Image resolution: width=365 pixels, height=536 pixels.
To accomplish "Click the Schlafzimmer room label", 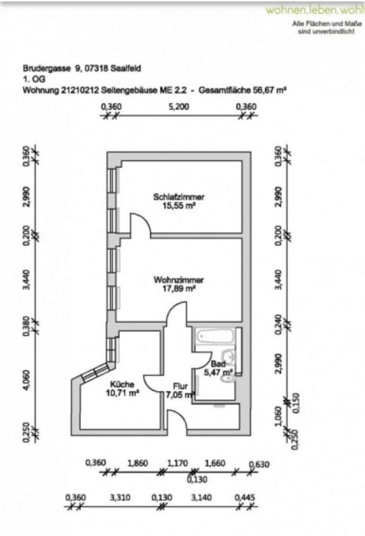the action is (x=179, y=197).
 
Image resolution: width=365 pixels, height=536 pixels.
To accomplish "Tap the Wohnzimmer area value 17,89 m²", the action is (x=179, y=289).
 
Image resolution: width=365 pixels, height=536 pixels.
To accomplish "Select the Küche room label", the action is (x=121, y=384).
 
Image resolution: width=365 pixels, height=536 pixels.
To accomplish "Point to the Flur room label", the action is (x=180, y=386).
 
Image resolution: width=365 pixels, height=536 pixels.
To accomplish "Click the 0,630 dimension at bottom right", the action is (x=259, y=463).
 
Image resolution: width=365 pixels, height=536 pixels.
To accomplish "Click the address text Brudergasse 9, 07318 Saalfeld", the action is (x=82, y=69).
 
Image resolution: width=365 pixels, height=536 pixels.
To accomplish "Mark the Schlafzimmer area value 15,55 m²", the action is (x=179, y=205).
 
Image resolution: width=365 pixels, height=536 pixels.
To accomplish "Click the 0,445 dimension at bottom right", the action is (x=244, y=497).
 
